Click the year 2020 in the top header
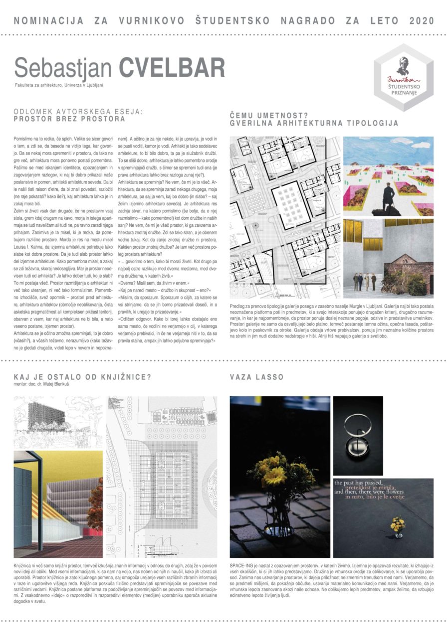click(422, 21)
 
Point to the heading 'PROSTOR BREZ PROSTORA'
click(69, 120)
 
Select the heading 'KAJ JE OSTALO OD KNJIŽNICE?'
click(82, 377)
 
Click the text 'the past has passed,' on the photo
click(359, 483)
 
